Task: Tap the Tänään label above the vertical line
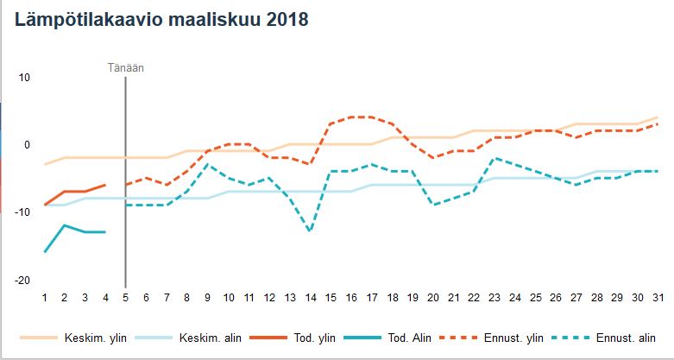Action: click(x=125, y=67)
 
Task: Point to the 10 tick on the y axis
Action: click(x=24, y=77)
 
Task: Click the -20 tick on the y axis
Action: click(x=22, y=281)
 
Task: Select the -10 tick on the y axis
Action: click(x=22, y=212)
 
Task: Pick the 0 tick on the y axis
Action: click(x=27, y=145)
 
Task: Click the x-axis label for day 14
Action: click(x=310, y=298)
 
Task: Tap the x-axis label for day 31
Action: click(x=657, y=298)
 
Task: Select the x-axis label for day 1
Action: click(x=44, y=298)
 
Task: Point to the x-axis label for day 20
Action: click(x=432, y=298)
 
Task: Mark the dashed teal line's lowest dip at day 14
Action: click(x=310, y=231)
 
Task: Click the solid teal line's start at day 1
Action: click(x=44, y=252)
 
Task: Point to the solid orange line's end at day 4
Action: click(x=105, y=185)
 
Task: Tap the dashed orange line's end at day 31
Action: click(x=657, y=124)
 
